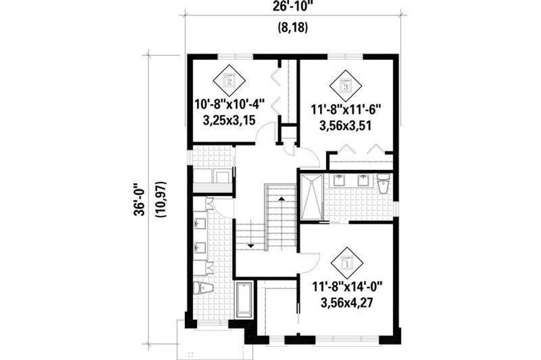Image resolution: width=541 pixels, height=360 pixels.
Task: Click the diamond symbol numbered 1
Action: click(346, 262)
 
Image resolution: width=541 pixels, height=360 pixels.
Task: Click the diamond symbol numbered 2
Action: click(229, 80)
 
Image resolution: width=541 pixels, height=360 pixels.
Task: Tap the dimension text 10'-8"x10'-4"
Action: click(229, 103)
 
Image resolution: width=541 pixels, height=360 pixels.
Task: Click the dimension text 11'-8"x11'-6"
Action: click(348, 110)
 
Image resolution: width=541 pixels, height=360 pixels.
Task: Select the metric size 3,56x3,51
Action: click(348, 126)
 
